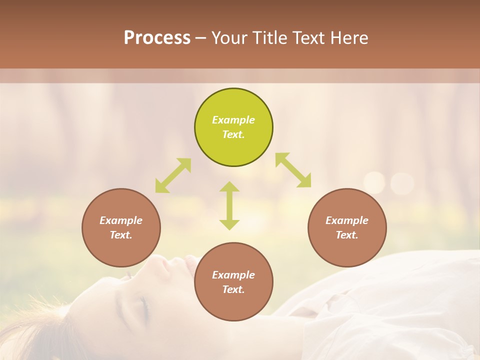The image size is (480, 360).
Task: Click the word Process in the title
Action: pos(157,38)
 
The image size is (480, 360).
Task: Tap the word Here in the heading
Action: pos(348,38)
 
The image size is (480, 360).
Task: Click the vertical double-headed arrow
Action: pos(229,205)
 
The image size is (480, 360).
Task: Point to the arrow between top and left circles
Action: pos(173,175)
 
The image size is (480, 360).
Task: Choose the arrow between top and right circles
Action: pos(293,170)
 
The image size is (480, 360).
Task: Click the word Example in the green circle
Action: pos(233,120)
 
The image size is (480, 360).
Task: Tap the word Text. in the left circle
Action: pos(121,235)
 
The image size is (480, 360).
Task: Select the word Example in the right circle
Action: pos(347,220)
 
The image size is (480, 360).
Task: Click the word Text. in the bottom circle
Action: pos(233,289)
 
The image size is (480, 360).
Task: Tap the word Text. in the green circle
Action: pos(233,134)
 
